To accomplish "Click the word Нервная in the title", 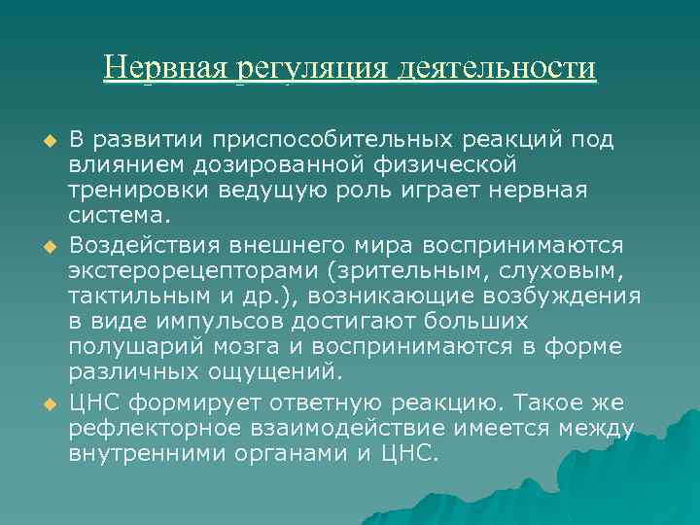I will click(x=164, y=68).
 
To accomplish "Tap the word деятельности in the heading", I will click(x=495, y=68).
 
